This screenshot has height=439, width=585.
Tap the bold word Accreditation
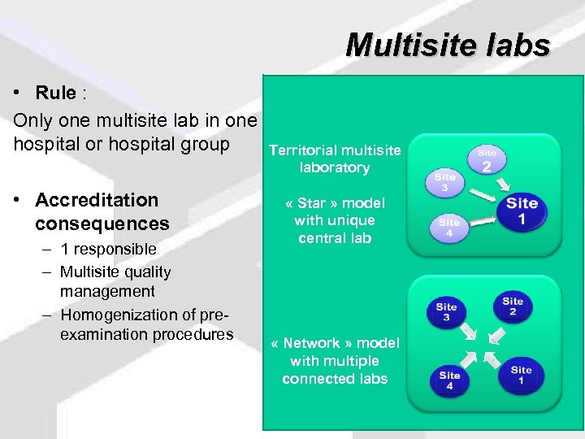tap(97, 200)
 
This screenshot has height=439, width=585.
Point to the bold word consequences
tap(102, 223)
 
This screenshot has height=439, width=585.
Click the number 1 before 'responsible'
tap(64, 250)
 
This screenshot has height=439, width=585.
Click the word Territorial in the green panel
tap(302, 150)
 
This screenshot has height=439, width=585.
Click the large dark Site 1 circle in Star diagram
tap(522, 211)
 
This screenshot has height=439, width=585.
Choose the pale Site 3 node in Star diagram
tap(444, 182)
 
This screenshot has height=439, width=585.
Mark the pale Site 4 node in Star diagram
tap(449, 228)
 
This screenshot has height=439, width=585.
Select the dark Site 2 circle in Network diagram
tap(513, 306)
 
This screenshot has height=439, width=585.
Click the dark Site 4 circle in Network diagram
tap(449, 380)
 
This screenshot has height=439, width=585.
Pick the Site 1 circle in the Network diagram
tap(522, 375)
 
